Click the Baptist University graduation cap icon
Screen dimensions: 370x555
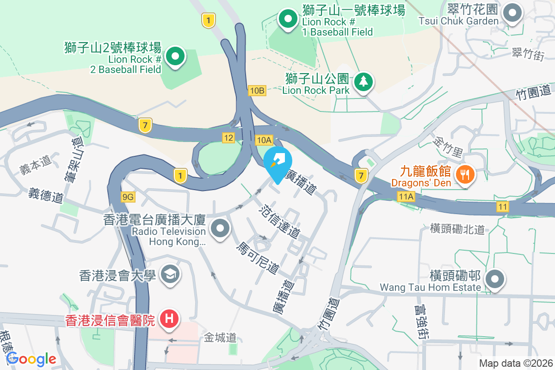tap(170, 275)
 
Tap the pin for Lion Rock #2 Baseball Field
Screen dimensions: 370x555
tap(175, 57)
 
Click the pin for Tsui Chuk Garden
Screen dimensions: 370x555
tap(512, 13)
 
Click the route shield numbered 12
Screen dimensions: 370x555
tap(228, 137)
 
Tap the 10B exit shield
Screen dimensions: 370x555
tap(256, 91)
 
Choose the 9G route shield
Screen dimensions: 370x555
tap(128, 197)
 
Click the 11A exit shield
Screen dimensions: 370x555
tap(406, 197)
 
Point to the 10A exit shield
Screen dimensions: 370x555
tap(264, 140)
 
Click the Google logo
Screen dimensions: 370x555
tap(31, 359)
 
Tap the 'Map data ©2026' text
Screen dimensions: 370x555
tap(515, 363)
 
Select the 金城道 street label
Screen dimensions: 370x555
tap(220, 338)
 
